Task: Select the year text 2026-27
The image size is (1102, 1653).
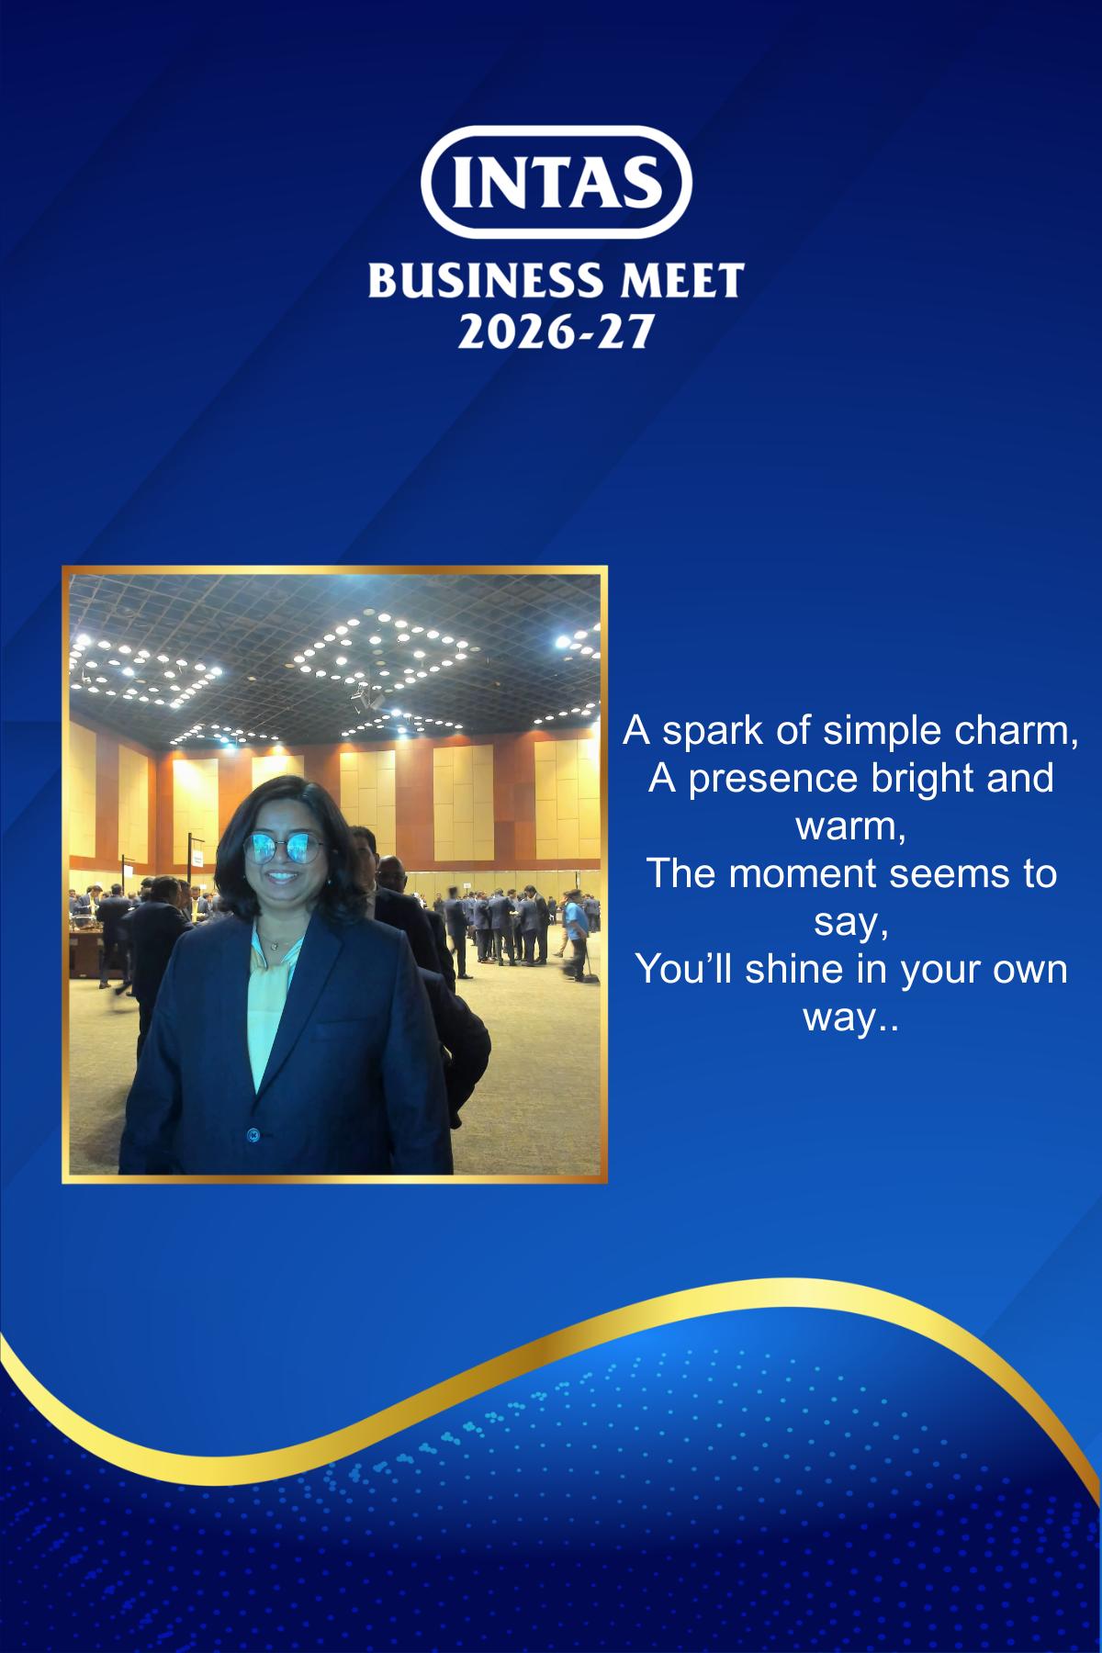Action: pyautogui.click(x=555, y=330)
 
